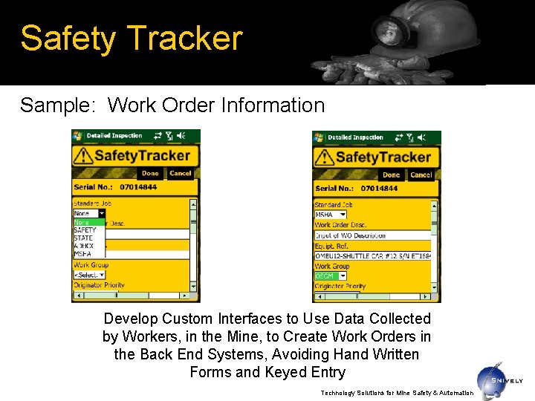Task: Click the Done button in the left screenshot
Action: tap(150, 173)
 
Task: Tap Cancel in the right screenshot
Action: tap(421, 175)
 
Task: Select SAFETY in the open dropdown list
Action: tap(85, 230)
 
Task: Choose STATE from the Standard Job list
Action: tap(83, 238)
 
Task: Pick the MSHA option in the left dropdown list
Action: tap(82, 254)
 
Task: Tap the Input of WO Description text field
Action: tap(372, 235)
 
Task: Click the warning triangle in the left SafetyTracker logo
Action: tap(83, 155)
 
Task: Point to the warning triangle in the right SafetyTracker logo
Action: tap(325, 157)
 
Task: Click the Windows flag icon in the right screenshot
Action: tap(319, 137)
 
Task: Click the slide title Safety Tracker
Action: tap(132, 38)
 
